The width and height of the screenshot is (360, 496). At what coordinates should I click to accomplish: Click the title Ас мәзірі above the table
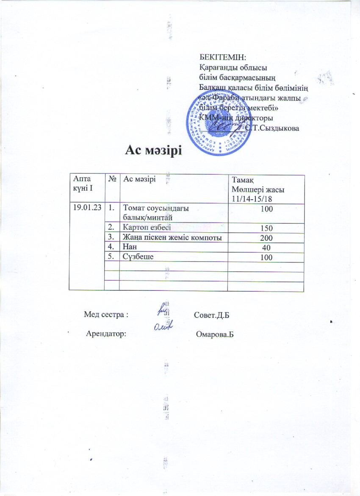(153, 150)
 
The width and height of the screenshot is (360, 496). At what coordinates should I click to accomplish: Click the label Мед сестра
(106, 315)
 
